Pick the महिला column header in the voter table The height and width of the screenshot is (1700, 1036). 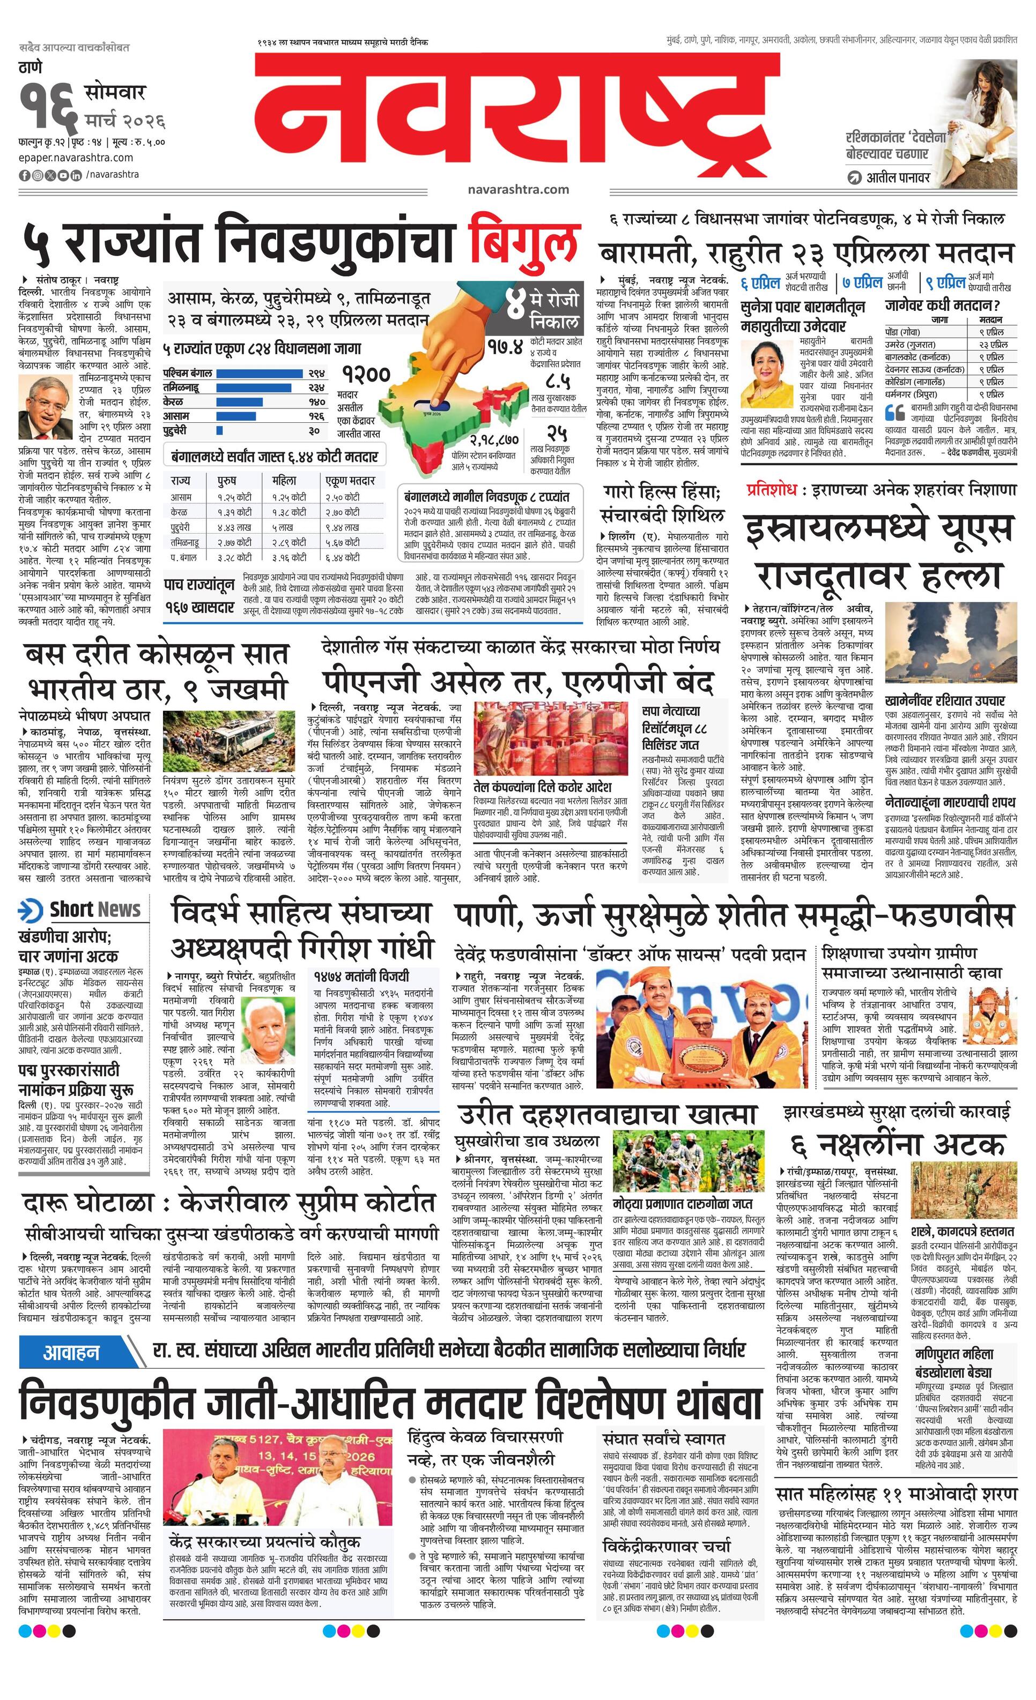pos(284,480)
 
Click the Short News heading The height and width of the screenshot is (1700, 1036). pos(94,909)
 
